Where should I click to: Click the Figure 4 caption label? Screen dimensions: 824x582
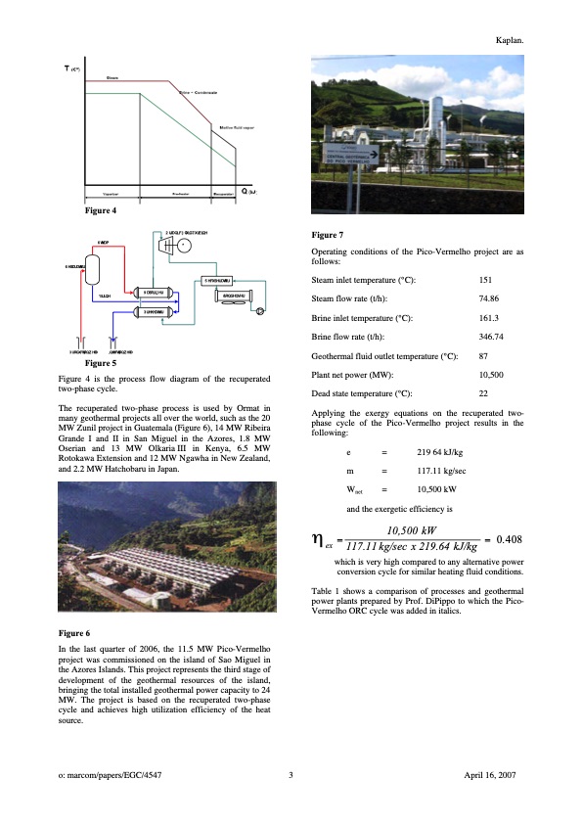pos(102,211)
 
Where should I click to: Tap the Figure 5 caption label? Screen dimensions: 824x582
pos(102,363)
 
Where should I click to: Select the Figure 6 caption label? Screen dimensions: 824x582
pos(76,634)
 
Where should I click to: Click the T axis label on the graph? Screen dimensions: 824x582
pos(68,69)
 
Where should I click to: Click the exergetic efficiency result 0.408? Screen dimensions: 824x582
pos(510,538)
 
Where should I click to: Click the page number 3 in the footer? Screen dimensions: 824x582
pos(291,775)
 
